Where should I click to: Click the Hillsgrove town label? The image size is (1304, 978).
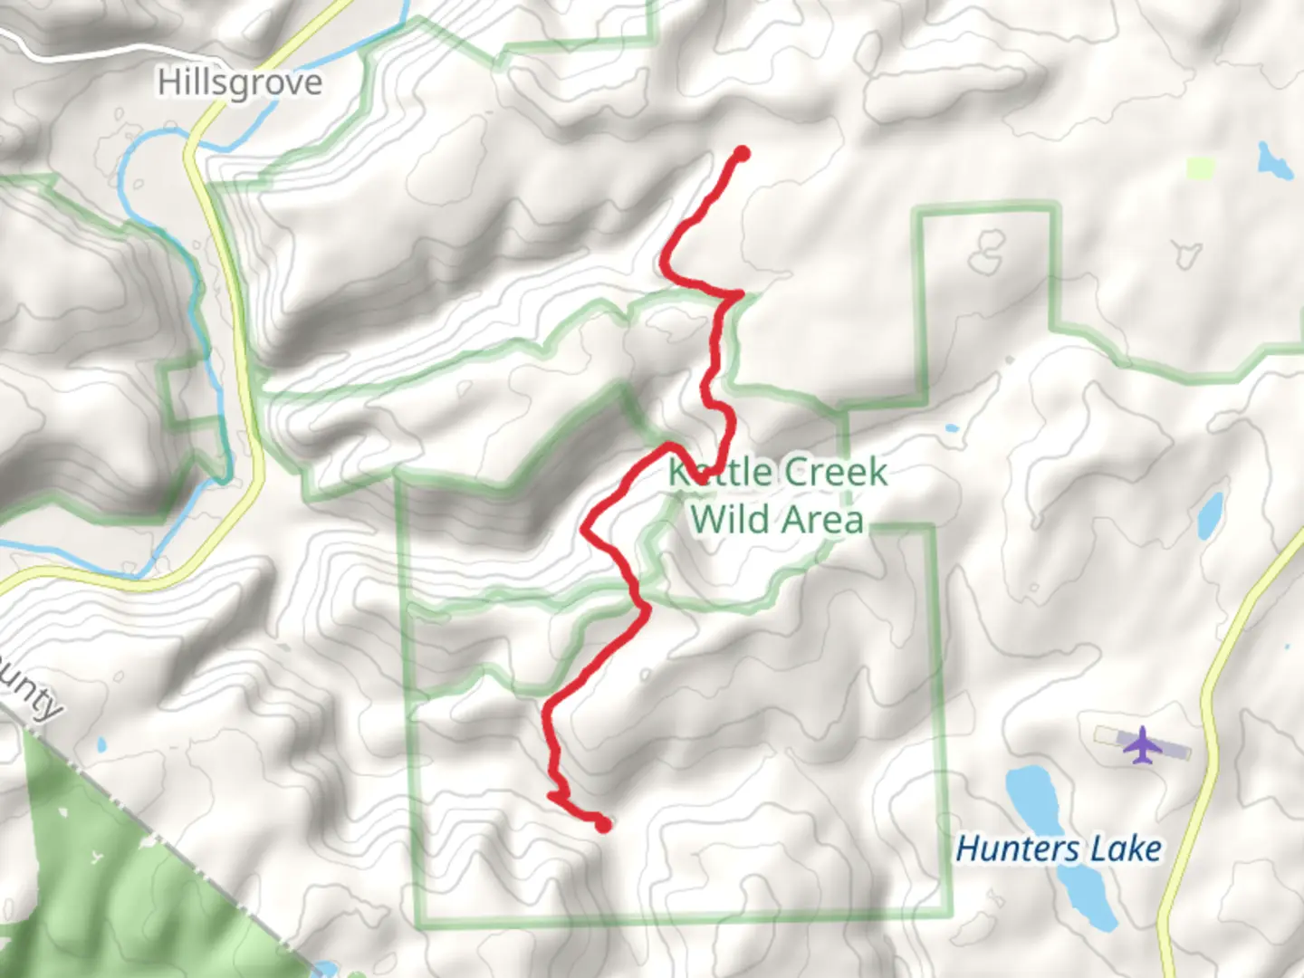tap(239, 83)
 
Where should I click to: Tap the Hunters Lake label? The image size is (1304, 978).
tap(1058, 849)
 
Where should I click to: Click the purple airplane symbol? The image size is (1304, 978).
tap(1141, 743)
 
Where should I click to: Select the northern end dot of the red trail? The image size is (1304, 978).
tap(742, 153)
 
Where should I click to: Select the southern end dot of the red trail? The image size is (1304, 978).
tap(602, 824)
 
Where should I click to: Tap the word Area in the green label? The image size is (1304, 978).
tap(823, 520)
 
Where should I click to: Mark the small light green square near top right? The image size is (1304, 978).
tap(1200, 168)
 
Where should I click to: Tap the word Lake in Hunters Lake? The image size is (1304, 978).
tap(1126, 849)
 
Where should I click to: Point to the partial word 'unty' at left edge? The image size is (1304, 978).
tap(32, 688)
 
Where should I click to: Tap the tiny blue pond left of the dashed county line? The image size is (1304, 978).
tap(101, 747)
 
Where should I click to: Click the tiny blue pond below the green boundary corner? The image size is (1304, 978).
tap(951, 427)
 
